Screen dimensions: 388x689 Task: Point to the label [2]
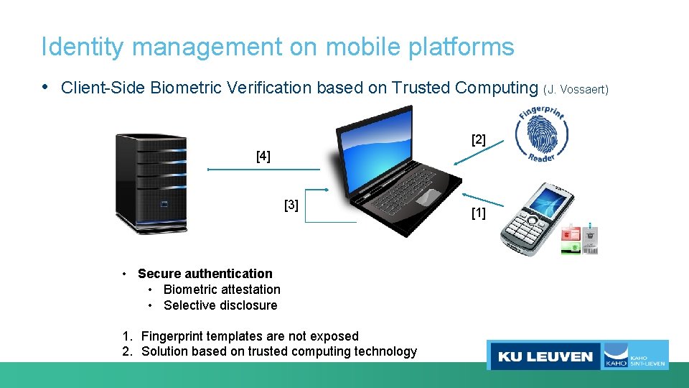pyautogui.click(x=479, y=139)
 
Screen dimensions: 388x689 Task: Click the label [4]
pyautogui.click(x=263, y=156)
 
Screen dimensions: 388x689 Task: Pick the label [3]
pyautogui.click(x=291, y=205)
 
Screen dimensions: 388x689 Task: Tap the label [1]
pyautogui.click(x=478, y=213)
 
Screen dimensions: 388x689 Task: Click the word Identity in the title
pyautogui.click(x=83, y=47)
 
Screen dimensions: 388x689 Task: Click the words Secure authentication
pyautogui.click(x=205, y=274)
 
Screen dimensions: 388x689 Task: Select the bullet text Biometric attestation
pyautogui.click(x=222, y=290)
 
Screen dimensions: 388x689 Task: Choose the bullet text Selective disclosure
pyautogui.click(x=220, y=305)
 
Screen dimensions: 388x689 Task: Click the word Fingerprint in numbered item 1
pyautogui.click(x=172, y=336)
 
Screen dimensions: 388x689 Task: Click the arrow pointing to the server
pyautogui.click(x=263, y=170)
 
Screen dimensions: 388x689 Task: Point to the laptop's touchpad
pyautogui.click(x=428, y=195)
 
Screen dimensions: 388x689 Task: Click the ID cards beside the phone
pyautogui.click(x=580, y=239)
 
